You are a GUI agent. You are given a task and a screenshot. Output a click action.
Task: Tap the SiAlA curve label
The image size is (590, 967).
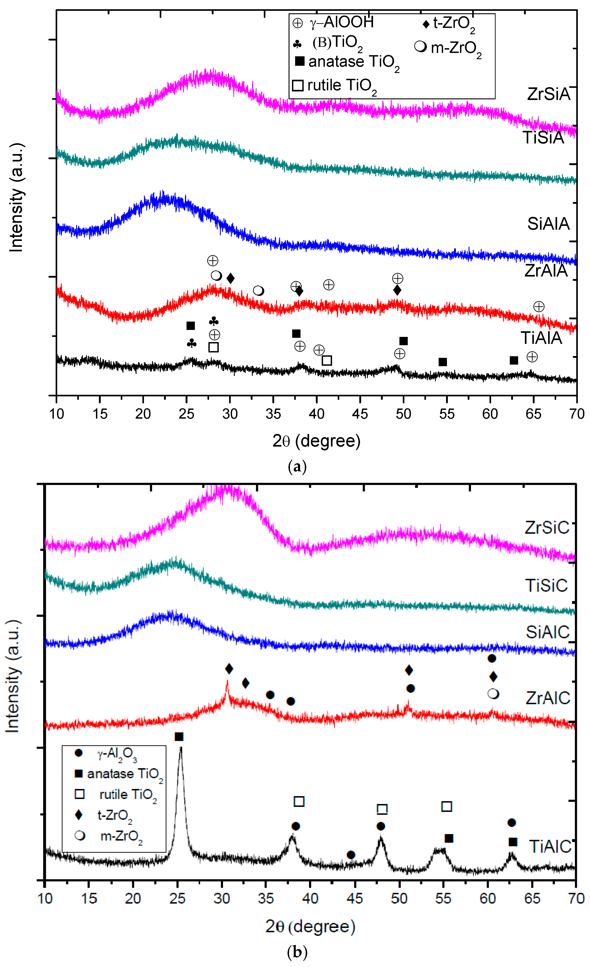click(x=548, y=224)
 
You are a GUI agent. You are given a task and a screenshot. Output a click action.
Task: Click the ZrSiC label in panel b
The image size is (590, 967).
click(x=547, y=527)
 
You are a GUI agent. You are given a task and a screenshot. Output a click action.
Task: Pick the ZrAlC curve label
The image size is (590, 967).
click(x=548, y=698)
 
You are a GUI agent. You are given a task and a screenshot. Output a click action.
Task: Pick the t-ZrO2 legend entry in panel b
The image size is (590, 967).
click(x=104, y=815)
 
